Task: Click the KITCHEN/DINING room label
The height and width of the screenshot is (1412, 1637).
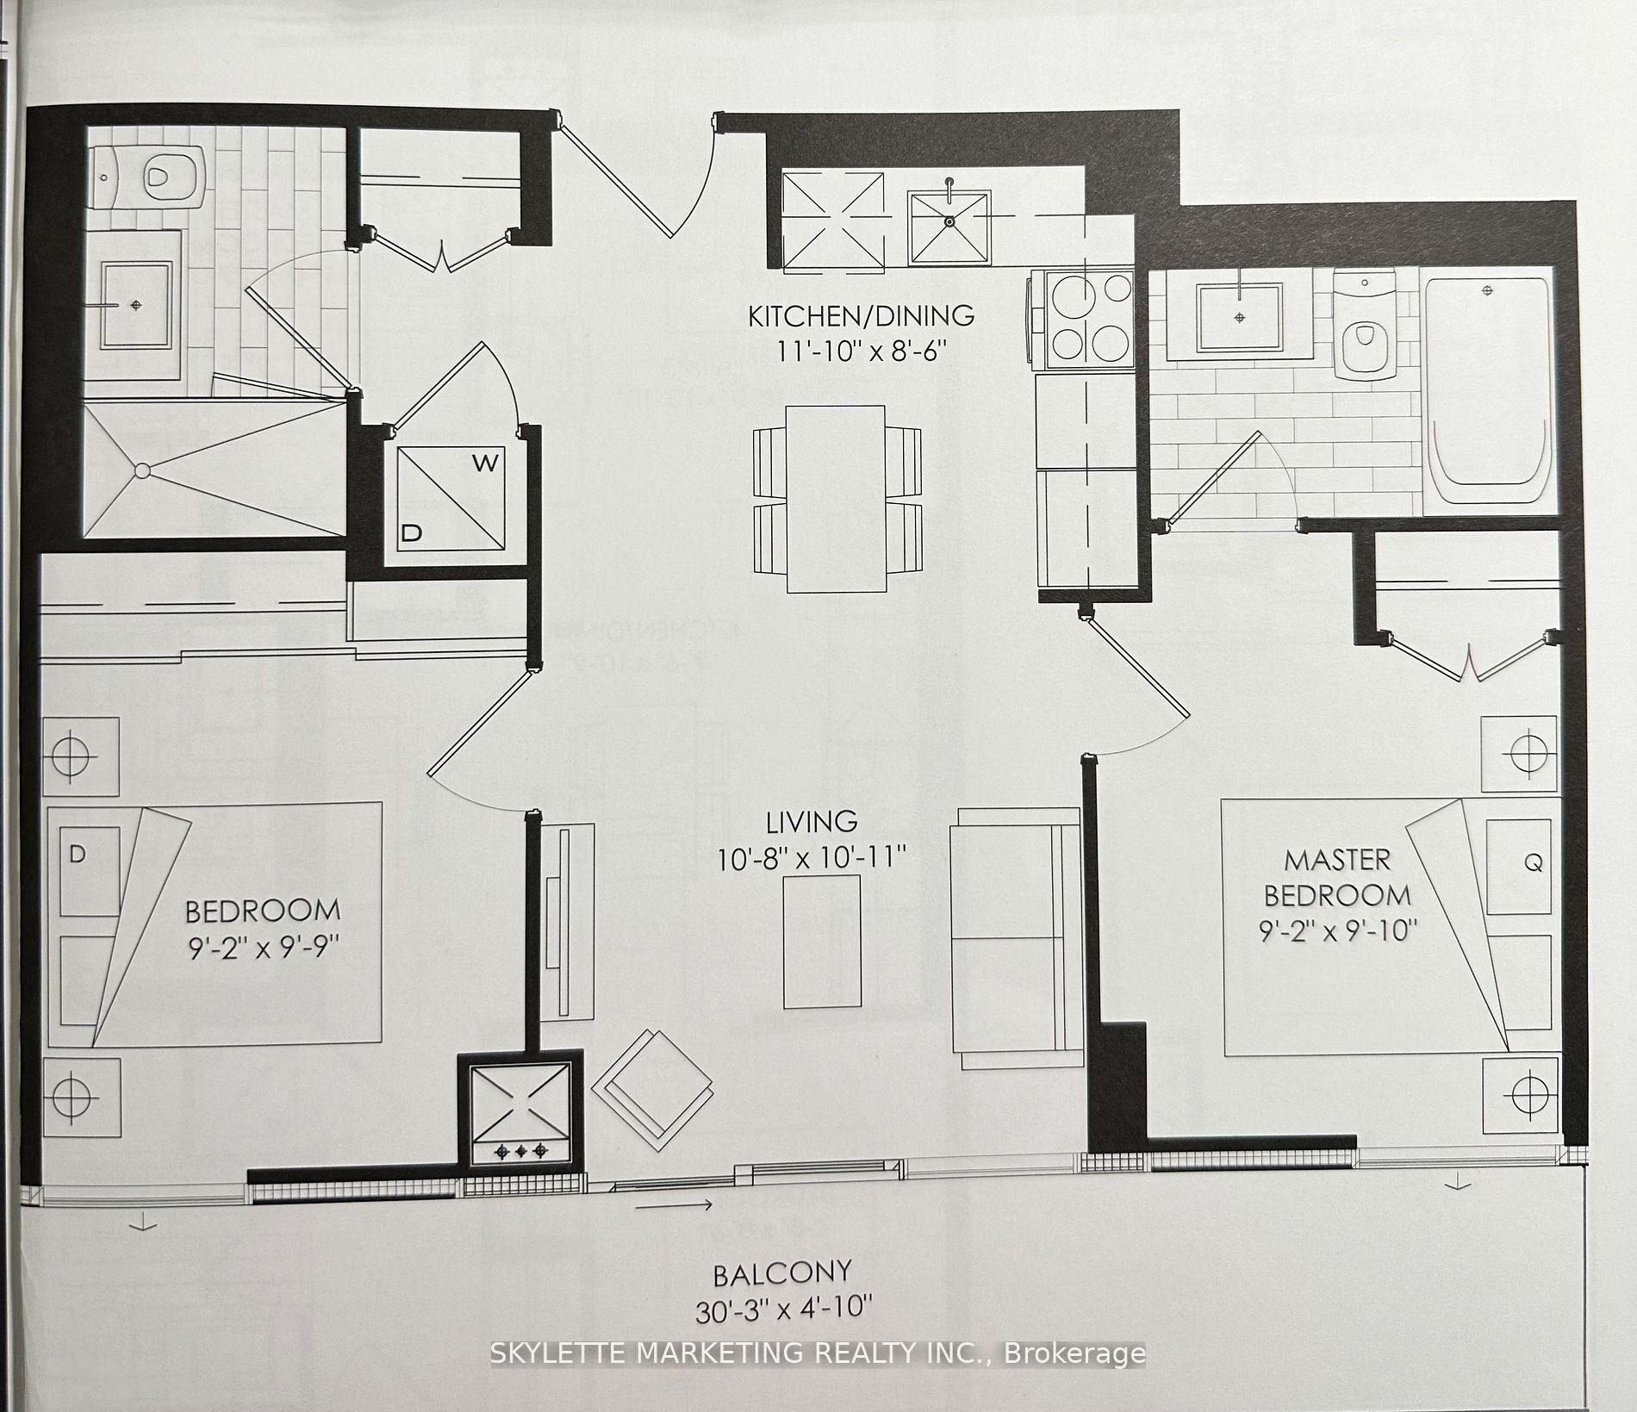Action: pos(861,316)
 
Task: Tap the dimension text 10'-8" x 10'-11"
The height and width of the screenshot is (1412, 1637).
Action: pos(812,859)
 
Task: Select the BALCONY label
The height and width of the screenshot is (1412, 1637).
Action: pos(782,1272)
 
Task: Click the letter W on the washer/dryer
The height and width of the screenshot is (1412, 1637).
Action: pos(485,463)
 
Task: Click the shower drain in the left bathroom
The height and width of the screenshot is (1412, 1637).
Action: pos(142,470)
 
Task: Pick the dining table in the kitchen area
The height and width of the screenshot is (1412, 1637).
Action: pos(837,499)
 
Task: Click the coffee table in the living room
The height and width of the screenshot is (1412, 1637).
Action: pos(821,942)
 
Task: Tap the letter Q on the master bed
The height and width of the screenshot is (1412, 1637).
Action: pos(1534,862)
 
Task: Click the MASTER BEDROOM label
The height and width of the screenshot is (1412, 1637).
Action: pos(1336,878)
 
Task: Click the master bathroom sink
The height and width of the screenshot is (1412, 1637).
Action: pos(1239,316)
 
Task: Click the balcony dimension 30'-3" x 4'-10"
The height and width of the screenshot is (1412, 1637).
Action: pos(783,1310)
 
